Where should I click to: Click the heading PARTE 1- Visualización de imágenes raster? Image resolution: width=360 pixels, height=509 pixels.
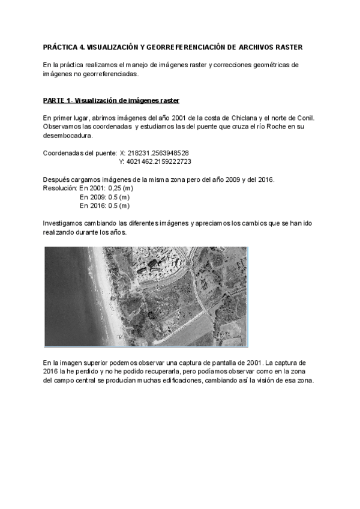coord(112,100)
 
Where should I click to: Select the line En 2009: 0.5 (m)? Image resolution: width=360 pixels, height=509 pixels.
coord(104,197)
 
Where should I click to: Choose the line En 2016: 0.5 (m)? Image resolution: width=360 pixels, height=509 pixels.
coord(104,205)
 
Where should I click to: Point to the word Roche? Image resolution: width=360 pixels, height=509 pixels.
coord(262,127)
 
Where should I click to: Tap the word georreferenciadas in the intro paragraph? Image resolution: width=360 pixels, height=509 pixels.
coord(108,74)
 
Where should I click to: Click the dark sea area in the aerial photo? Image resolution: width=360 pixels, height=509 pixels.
coord(60,282)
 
